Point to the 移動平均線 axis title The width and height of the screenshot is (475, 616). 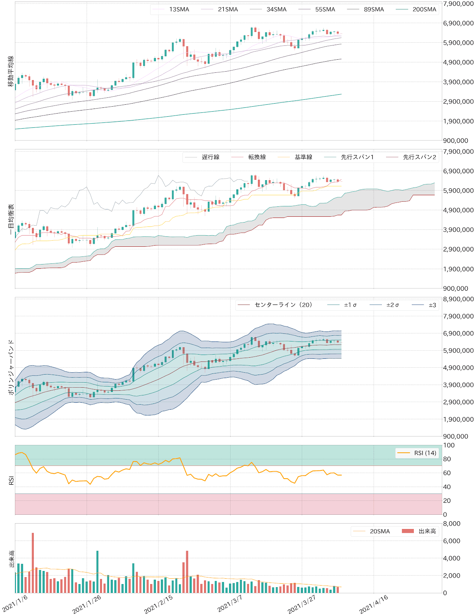(11, 71)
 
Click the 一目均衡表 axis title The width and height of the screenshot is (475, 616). (11, 219)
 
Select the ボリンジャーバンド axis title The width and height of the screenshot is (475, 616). (11, 367)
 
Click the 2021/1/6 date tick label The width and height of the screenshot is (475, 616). (15, 603)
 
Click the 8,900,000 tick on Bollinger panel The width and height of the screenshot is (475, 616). (458, 299)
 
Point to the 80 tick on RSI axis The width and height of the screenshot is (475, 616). (447, 459)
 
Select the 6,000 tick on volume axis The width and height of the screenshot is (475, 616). (452, 541)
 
